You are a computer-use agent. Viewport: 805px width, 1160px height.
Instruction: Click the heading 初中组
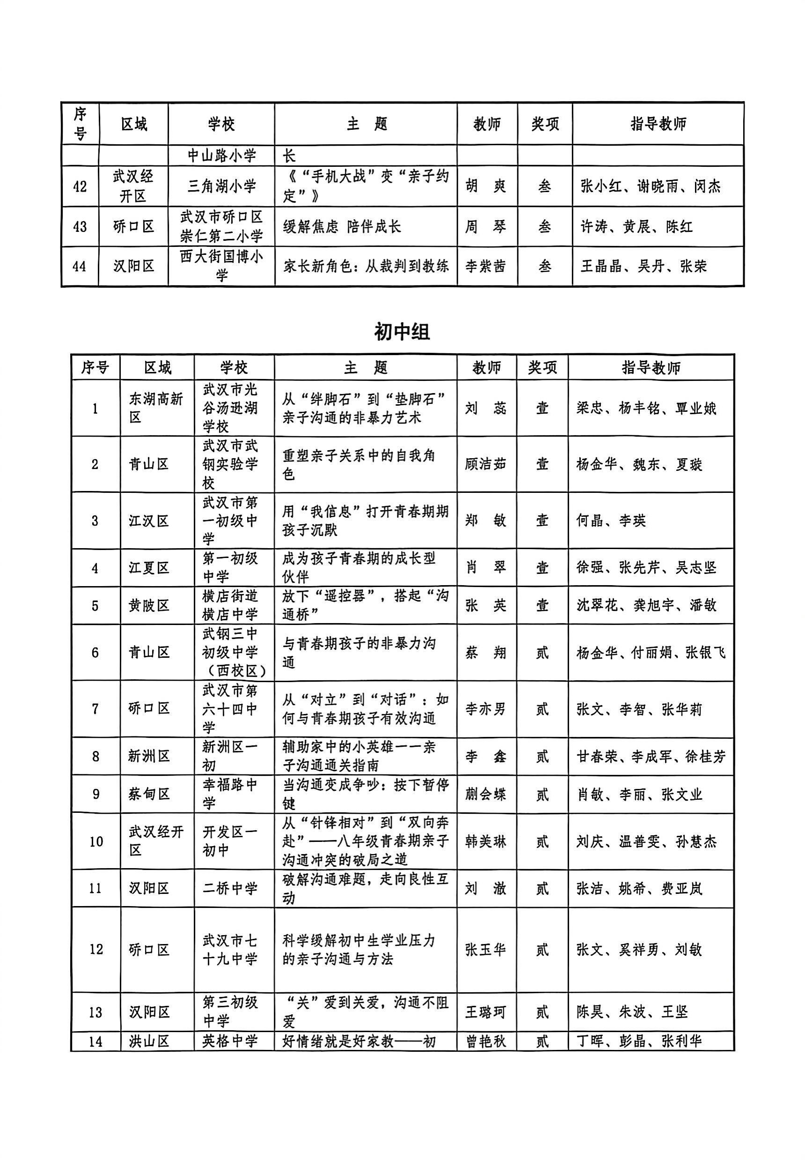click(x=402, y=332)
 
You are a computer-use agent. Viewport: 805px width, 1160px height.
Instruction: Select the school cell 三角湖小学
click(x=221, y=186)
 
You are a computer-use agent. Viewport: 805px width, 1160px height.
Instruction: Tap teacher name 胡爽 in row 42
click(x=485, y=186)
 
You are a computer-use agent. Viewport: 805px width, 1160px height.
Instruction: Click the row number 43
click(x=80, y=227)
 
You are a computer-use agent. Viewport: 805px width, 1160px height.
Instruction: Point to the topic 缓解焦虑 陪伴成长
click(x=342, y=227)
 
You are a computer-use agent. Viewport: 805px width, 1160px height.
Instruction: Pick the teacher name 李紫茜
click(x=485, y=266)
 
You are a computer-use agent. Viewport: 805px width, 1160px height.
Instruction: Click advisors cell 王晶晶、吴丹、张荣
click(x=643, y=266)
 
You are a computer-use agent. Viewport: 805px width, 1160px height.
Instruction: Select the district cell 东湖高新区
click(x=156, y=408)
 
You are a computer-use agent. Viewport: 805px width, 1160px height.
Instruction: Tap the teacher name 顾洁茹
click(x=485, y=464)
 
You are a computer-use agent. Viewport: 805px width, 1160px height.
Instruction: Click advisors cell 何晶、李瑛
click(x=611, y=521)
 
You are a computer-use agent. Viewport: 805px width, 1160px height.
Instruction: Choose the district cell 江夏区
click(x=148, y=568)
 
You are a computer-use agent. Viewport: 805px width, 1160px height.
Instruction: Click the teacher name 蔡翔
click(x=485, y=653)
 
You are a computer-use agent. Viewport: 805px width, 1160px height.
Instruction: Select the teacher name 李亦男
click(x=485, y=709)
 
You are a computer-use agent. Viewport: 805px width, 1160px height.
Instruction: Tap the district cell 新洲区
click(x=148, y=756)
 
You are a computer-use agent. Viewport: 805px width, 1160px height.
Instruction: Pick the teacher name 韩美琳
click(x=485, y=841)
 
